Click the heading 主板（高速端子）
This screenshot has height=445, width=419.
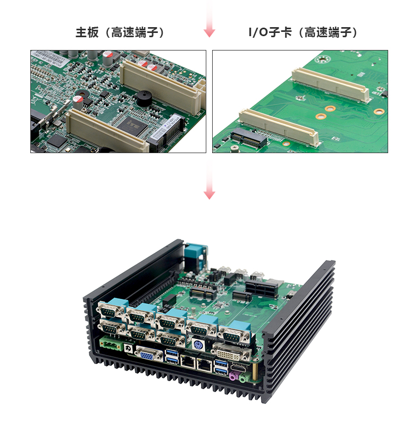[120, 32]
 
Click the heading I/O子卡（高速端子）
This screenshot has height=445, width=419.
[303, 32]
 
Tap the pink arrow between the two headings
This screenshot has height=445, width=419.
[209, 19]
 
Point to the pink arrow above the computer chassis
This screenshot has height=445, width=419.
[209, 180]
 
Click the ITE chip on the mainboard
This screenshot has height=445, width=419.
[132, 125]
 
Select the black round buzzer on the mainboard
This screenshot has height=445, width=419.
[144, 98]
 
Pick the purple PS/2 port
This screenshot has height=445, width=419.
[198, 345]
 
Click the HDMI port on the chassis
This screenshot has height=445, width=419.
[239, 367]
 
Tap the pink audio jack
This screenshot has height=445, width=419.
[233, 376]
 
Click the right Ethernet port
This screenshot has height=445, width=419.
[205, 364]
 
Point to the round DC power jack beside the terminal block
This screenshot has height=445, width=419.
[129, 348]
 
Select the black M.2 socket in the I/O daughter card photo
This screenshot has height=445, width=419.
[249, 138]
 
